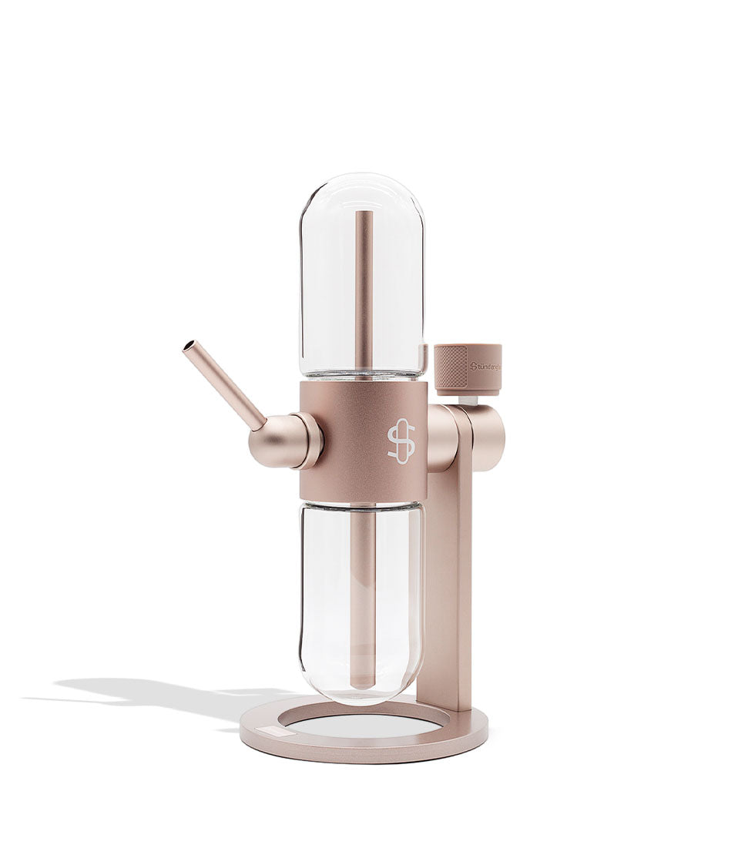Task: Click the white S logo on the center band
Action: (401, 441)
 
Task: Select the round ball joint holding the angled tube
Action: (274, 441)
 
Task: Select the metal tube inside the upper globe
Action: (364, 293)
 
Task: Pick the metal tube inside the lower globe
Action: (363, 593)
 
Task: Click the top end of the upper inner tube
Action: (364, 216)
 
